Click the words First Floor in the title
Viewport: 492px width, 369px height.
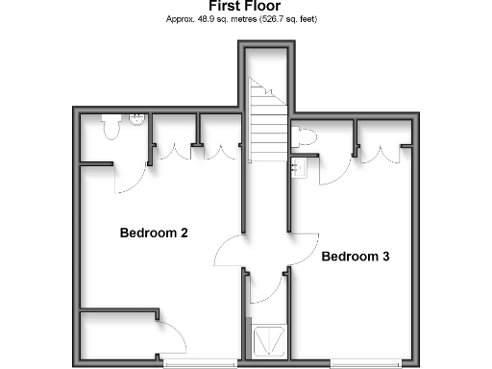(246, 6)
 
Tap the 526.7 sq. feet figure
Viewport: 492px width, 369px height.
(283, 19)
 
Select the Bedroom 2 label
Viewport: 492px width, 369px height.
(153, 234)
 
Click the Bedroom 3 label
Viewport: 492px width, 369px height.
(355, 257)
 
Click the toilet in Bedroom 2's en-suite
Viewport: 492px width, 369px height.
(111, 126)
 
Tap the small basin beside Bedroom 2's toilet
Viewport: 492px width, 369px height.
(136, 120)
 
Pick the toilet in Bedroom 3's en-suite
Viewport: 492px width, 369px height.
(305, 137)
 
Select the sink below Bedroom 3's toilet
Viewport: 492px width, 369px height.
(299, 169)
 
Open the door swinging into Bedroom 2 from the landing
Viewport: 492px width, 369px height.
(227, 251)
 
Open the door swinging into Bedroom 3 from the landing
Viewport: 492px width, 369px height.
(304, 246)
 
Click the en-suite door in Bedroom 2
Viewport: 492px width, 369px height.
(133, 173)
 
